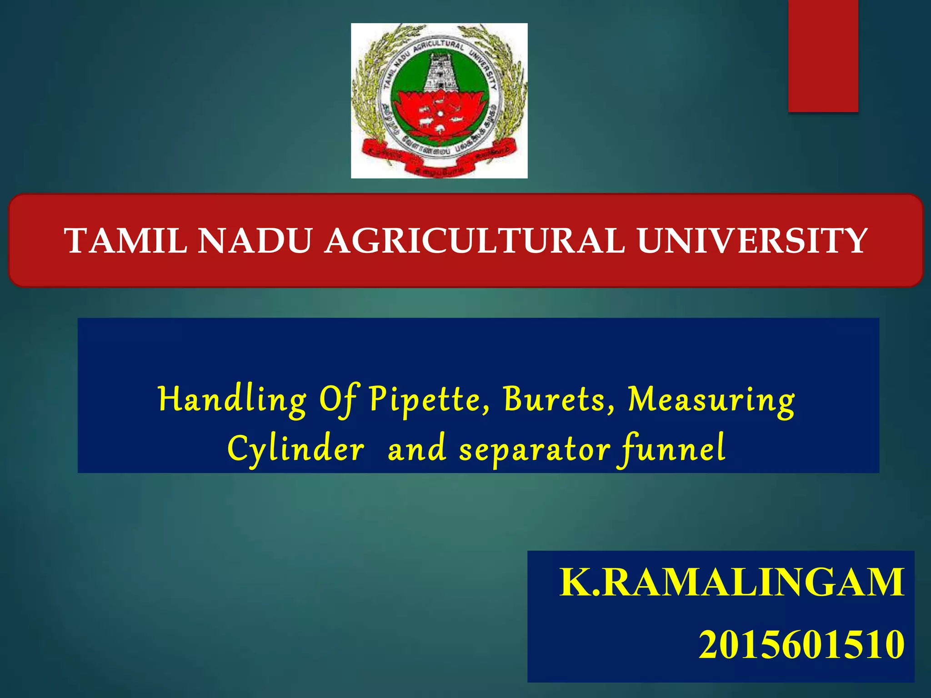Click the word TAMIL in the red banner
(125, 241)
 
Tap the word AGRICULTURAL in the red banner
(475, 241)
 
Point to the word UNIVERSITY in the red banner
(751, 241)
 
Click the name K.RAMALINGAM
(731, 583)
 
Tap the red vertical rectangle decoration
(823, 55)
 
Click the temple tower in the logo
(439, 73)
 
